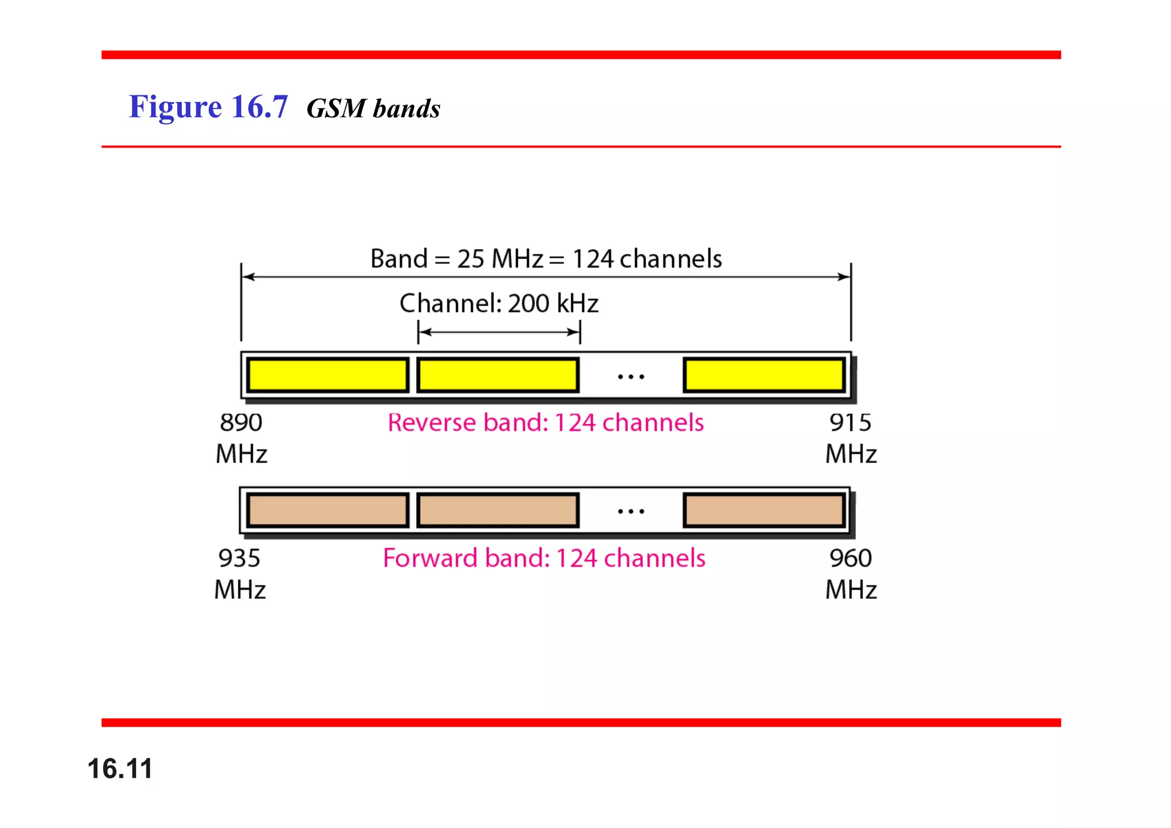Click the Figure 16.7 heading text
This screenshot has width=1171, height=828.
coord(208,107)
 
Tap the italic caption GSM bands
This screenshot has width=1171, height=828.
coord(373,109)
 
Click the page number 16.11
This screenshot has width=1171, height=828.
coord(120,768)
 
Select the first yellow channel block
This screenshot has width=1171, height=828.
coord(328,375)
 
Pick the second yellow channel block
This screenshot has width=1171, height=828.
coord(497,375)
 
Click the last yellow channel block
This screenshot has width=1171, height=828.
coord(764,375)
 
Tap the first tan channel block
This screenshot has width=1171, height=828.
coord(328,510)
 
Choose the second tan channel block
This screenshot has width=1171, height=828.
coord(497,510)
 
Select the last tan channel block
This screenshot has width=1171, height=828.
coord(764,510)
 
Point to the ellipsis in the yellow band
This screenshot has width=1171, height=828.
coord(631,377)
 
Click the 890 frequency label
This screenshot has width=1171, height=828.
coord(241,423)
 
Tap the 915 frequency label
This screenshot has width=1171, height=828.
coord(850,423)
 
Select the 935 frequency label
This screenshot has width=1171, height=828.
coord(240,559)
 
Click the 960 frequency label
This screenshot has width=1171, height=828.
coord(850,559)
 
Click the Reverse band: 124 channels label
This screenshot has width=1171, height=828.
coord(545,423)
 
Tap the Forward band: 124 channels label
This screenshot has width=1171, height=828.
coord(544,559)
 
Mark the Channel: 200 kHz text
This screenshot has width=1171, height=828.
coord(499,304)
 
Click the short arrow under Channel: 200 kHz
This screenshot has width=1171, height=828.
coord(499,332)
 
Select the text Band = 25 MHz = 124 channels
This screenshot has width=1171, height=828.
coord(545,259)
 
